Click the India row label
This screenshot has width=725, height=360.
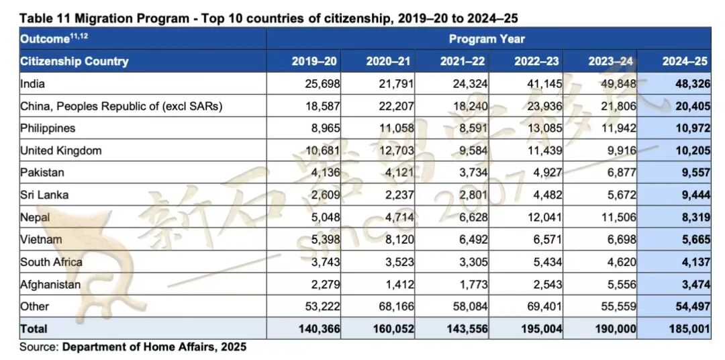32,84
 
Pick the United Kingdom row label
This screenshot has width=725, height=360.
61,150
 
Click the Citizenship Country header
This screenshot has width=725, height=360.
74,61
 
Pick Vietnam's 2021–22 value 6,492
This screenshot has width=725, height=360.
472,240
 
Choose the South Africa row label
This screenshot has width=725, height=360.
51,262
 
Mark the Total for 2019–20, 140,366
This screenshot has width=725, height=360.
318,329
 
